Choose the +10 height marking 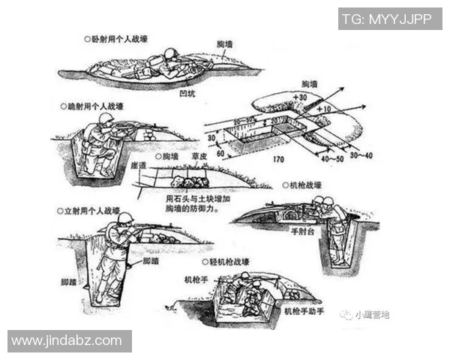point(323,109)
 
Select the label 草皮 point(199,157)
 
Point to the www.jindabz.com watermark point(67,340)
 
